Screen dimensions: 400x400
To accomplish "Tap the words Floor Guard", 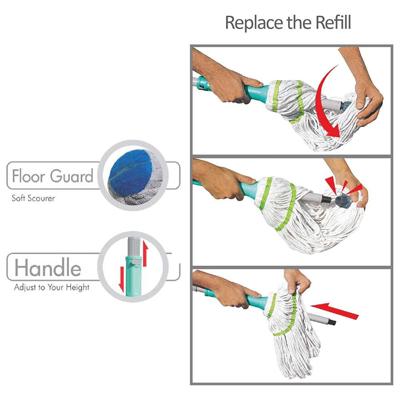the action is point(52,176).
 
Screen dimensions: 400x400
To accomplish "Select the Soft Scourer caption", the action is point(33,198).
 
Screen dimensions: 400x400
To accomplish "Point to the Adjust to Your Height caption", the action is point(52,288).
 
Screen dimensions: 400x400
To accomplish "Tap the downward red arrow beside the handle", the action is point(122,279).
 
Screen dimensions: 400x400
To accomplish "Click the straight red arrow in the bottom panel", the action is point(335,311).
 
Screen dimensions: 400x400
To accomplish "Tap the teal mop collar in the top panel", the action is point(256,92).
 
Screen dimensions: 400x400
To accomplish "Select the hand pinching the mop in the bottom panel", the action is point(297,282).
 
